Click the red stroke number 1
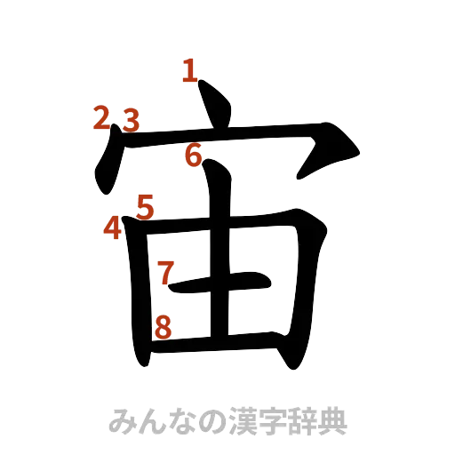(x=188, y=70)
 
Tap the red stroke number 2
(x=103, y=117)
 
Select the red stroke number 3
(x=132, y=119)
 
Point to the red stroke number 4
(x=112, y=227)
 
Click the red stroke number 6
(x=194, y=156)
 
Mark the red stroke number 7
(x=164, y=271)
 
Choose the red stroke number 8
(x=162, y=326)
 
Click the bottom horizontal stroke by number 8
(x=222, y=339)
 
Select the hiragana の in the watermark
(x=212, y=417)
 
